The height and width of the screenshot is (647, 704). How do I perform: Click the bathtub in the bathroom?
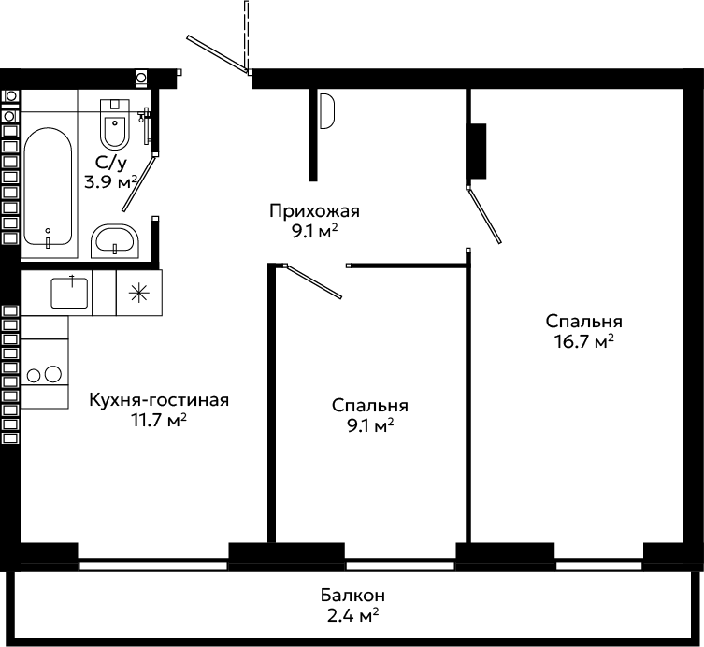(48, 187)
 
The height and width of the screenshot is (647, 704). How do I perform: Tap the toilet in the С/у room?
(115, 124)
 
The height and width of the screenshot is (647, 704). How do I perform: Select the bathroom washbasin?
(115, 241)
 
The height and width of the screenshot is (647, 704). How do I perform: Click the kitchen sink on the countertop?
(69, 293)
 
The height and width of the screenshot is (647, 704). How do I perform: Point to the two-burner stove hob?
(44, 374)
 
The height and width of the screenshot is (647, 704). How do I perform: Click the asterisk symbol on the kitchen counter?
(138, 293)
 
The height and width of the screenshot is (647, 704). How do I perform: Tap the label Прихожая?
(315, 210)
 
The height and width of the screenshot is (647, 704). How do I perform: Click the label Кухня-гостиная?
(159, 399)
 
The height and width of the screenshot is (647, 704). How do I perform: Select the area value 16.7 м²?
(584, 341)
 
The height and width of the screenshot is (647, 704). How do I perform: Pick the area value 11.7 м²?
(159, 421)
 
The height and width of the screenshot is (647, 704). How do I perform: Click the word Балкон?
(352, 596)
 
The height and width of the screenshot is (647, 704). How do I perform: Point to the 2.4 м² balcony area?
(352, 615)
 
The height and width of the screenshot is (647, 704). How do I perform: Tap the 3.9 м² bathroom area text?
(111, 182)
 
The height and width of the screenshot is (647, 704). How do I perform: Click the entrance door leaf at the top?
(217, 55)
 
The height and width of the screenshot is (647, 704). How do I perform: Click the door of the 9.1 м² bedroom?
(313, 281)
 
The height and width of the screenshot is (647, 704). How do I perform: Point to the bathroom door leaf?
(139, 183)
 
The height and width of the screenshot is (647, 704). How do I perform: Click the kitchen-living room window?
(153, 567)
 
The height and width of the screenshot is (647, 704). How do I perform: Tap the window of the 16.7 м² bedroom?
(599, 567)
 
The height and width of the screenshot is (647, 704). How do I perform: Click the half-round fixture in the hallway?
(327, 110)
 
